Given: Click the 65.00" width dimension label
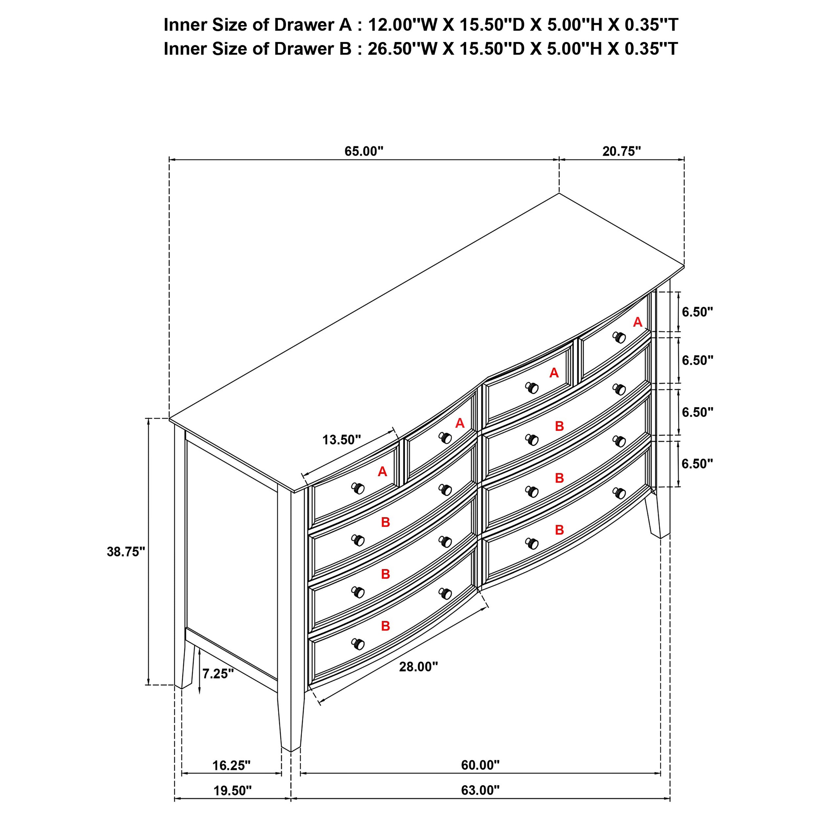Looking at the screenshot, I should point(364,151).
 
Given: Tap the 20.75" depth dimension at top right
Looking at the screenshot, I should point(621,151).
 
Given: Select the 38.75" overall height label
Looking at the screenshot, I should point(126,552).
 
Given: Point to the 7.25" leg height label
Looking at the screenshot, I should point(218,674).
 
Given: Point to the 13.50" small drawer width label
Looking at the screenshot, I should point(341,440).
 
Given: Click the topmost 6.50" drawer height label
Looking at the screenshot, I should point(697,312).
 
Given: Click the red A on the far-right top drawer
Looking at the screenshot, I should point(637,322).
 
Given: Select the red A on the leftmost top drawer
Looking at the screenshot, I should point(383,472).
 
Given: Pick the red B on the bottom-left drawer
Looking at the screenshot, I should point(386,626).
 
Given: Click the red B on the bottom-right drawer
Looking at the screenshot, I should point(559,530).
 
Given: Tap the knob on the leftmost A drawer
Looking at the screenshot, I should point(358,489).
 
